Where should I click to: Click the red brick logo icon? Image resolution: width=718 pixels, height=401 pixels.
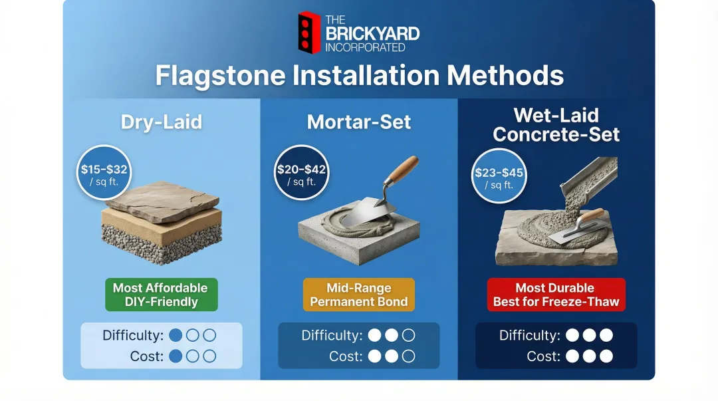(x=309, y=33)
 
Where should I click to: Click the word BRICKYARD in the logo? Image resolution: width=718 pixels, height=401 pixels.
(x=372, y=33)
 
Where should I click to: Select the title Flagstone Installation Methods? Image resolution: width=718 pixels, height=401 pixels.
(x=359, y=75)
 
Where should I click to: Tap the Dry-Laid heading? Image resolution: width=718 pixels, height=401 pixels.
(x=161, y=122)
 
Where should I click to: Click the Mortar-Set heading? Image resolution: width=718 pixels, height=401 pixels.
(x=359, y=122)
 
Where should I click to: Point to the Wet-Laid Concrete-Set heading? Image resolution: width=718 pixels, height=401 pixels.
(x=556, y=125)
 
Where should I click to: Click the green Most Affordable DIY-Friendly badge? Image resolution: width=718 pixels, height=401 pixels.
(x=160, y=295)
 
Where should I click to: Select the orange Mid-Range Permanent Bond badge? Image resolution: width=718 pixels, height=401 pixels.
(x=358, y=295)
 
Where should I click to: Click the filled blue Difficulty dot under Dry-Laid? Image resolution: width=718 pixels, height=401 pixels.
(x=176, y=335)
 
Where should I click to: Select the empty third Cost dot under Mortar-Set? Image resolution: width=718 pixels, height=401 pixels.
(x=408, y=356)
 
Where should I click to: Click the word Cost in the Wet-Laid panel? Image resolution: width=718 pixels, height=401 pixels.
(x=544, y=356)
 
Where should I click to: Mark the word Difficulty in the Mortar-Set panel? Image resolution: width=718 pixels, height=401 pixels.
(x=332, y=335)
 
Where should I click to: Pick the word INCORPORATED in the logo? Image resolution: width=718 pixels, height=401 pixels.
(x=364, y=48)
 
